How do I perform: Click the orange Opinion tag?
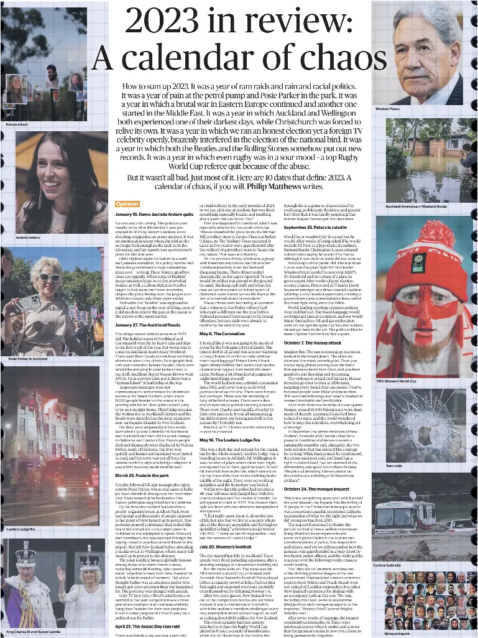click(x=127, y=203)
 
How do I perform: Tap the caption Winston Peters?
click(x=387, y=109)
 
